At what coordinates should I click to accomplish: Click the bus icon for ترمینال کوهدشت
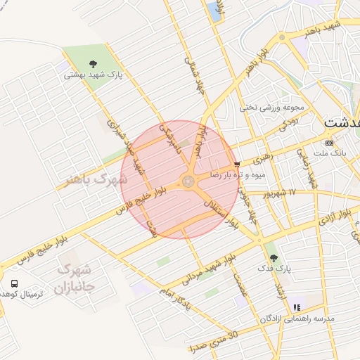15,283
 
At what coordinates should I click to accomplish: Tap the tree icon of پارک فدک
274,258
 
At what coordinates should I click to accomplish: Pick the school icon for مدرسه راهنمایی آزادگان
297,307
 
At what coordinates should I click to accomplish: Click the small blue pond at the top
213,10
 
